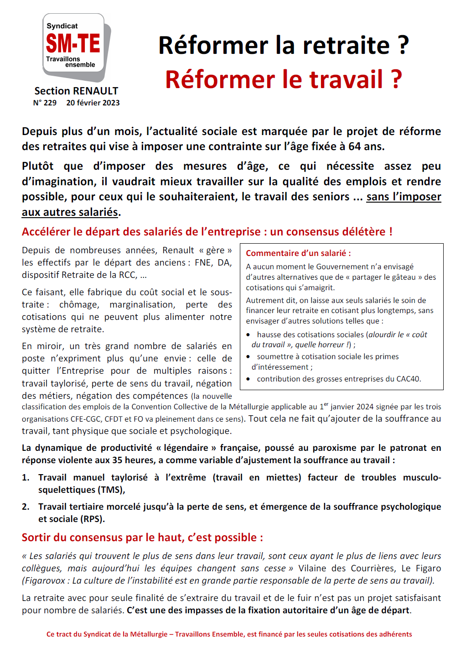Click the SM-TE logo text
(x=73, y=44)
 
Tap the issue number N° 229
(x=45, y=103)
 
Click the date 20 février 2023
(x=93, y=103)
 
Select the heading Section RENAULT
(x=76, y=91)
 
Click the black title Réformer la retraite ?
(x=283, y=45)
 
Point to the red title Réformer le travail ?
(x=283, y=79)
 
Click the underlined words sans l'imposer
(x=404, y=197)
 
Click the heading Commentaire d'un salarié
(x=298, y=253)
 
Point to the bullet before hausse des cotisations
(x=248, y=335)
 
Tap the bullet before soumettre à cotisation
(x=248, y=357)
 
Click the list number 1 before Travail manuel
(x=26, y=477)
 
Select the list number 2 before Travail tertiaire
(x=26, y=507)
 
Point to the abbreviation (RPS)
(x=93, y=519)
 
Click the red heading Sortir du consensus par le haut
(x=142, y=538)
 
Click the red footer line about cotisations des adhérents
(x=229, y=634)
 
